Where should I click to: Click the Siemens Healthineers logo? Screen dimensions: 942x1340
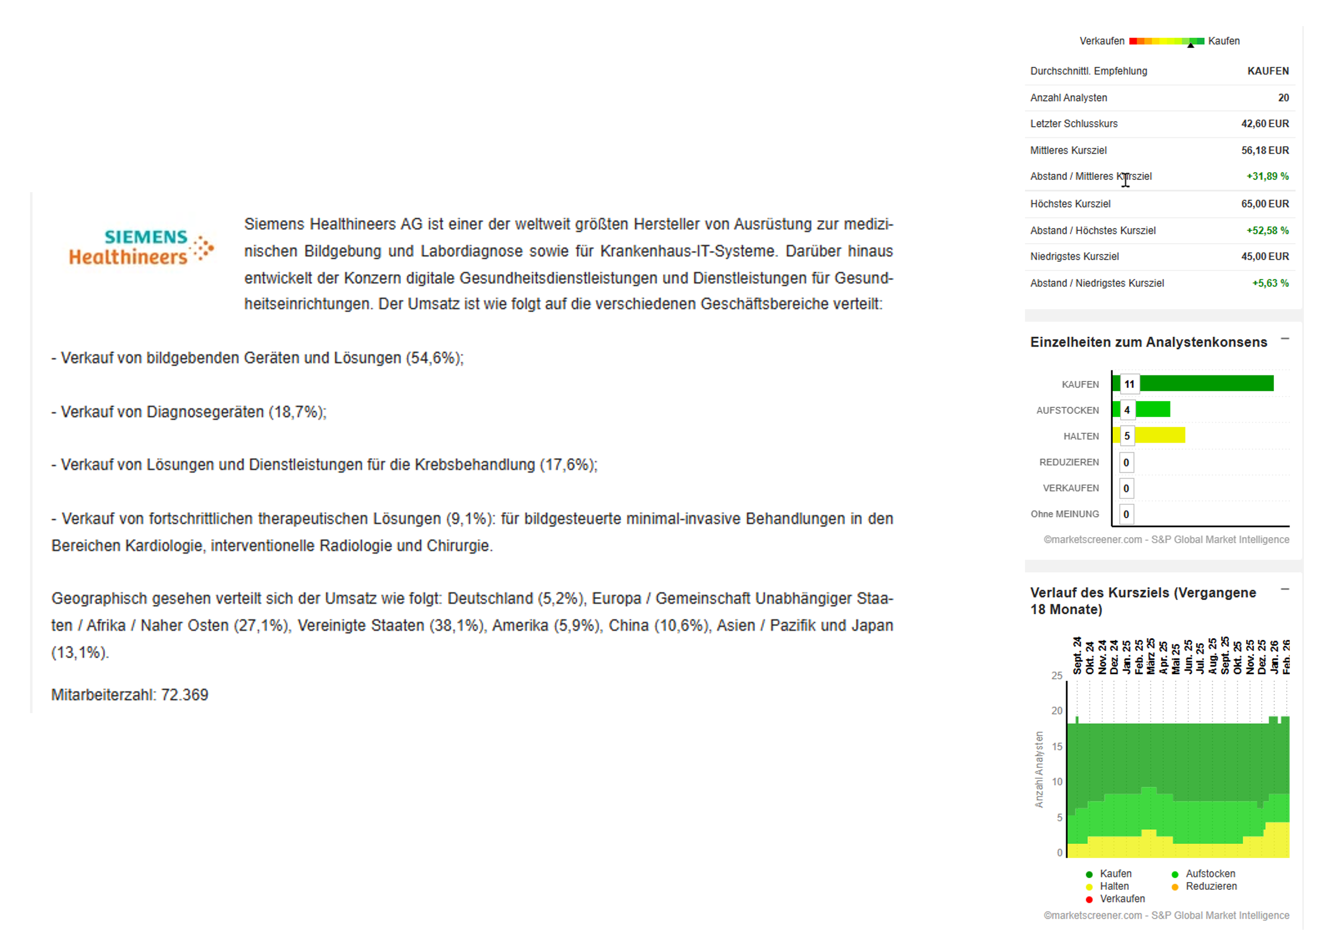141,247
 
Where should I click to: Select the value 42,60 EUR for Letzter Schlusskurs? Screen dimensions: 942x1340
1264,124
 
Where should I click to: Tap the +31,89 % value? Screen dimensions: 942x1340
1267,176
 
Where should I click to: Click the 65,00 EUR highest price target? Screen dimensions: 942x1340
1264,204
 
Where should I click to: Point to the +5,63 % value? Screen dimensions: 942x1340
1270,283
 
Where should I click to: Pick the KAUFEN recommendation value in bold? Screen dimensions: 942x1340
1268,71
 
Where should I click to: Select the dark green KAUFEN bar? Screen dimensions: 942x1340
1206,383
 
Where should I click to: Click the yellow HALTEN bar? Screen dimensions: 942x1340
1159,435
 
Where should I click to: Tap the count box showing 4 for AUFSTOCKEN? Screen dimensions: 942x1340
1127,410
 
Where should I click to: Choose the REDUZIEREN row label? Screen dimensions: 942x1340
1069,462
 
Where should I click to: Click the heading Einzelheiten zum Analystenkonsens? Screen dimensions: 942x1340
1148,342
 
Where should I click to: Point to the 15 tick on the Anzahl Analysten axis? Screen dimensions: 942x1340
1056,746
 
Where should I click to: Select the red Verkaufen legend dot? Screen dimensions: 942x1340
1089,899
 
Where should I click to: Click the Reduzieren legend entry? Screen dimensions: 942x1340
1211,886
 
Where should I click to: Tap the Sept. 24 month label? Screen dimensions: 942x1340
1077,655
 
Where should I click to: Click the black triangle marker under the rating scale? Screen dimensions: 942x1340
1191,46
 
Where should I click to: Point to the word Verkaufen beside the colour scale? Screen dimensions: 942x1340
1101,41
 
